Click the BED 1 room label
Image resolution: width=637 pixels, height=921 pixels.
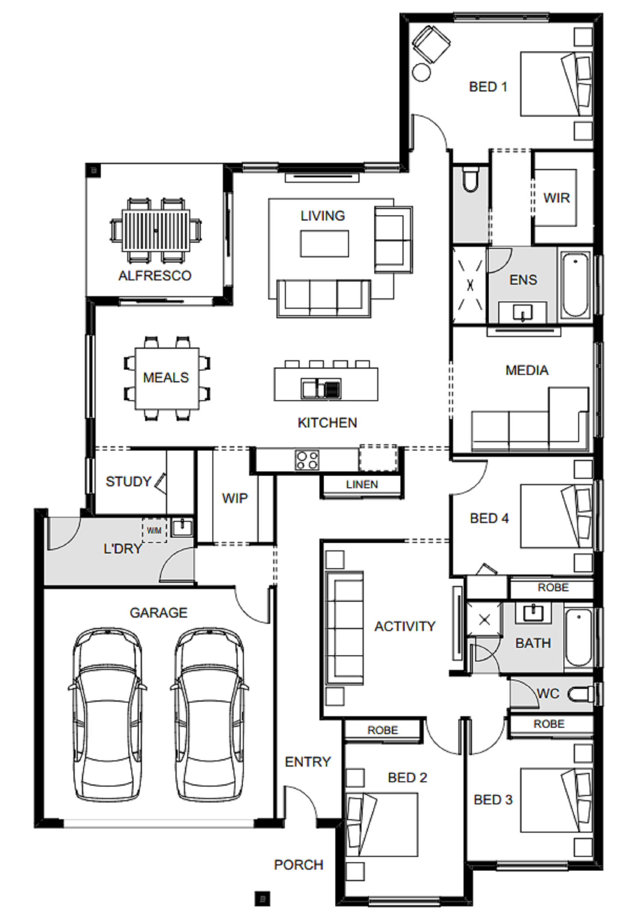coord(487,87)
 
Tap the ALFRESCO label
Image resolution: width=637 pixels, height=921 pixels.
coord(155,275)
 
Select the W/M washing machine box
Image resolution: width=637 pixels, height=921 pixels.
coord(154,530)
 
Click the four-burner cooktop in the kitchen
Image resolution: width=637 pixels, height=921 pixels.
coord(307,459)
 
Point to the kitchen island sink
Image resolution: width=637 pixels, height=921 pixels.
coord(321,389)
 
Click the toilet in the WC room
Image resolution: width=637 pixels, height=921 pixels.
coord(581,694)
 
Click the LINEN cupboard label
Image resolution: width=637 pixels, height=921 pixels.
coord(362,485)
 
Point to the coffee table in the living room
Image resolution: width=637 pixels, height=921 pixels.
coord(324,244)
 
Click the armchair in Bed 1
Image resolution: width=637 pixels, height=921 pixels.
coord(431,44)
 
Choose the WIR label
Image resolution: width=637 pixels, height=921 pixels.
coord(556,198)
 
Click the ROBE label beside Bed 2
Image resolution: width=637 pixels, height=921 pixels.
coord(383,730)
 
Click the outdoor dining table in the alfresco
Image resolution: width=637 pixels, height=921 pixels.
coord(156,230)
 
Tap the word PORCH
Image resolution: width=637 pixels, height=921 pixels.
coord(299,864)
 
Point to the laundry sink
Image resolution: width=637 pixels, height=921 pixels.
coord(182,527)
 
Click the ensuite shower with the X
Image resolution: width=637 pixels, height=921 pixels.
coord(470,285)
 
